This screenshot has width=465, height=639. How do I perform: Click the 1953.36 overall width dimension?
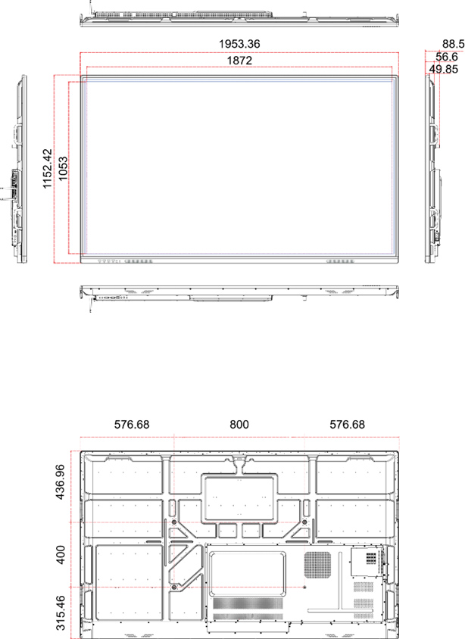239,44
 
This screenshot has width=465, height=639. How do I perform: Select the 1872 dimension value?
239,61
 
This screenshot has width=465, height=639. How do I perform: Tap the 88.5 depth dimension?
453,44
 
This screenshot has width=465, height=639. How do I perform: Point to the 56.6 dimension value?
447,57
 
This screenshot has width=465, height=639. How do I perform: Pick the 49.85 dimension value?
443,69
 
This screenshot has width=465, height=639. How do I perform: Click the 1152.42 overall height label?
48,169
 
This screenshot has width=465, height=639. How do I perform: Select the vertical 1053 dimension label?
63,169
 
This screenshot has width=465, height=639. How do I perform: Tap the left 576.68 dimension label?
132,425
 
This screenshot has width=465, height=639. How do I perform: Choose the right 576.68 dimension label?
347,425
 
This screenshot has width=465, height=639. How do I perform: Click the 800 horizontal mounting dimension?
239,425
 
